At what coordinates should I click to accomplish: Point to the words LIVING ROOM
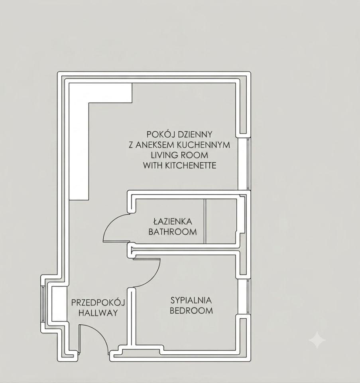coord(179,155)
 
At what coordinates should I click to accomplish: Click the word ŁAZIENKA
coord(173,221)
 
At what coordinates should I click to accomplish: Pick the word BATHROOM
coord(173,232)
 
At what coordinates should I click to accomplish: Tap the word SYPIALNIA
coord(191,300)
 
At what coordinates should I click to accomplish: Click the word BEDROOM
coord(191,311)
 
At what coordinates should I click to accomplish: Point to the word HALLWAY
coord(98,313)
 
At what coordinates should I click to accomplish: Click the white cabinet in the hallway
coord(59,304)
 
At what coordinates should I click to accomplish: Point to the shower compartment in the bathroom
coord(220,221)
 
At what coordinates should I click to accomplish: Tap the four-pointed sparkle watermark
coord(317,340)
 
